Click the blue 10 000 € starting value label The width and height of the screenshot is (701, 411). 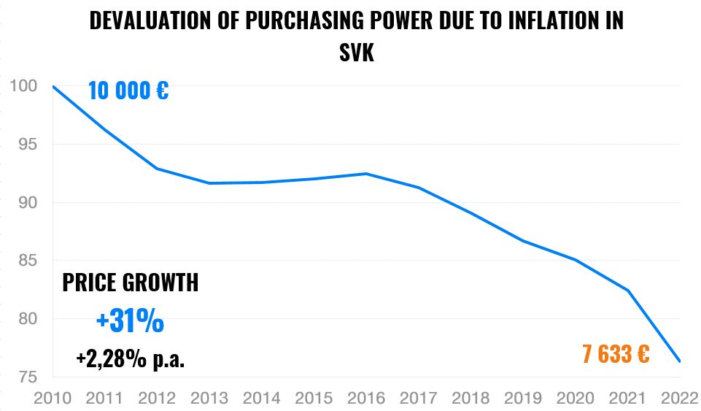point(128,91)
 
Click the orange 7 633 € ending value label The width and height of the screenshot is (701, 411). point(616,355)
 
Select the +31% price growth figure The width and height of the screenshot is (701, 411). point(130,320)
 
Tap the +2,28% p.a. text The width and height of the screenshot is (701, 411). point(130,358)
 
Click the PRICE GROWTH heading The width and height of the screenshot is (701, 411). point(130,283)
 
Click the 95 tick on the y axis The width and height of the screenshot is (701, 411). point(26,144)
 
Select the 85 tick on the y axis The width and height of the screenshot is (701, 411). point(26,261)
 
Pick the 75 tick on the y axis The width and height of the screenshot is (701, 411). point(26,377)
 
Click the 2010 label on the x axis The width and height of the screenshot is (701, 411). point(53,399)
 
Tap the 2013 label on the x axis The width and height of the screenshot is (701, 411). point(210,399)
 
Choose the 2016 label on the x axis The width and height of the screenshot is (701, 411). point(366,399)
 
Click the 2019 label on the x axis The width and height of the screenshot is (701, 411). point(523,399)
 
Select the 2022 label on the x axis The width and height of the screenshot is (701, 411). point(678,399)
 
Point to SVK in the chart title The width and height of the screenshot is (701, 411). point(357,53)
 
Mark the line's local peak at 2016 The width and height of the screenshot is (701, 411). point(366,174)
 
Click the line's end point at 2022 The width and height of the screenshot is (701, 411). point(680,361)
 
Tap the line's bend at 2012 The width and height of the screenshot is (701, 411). point(158,169)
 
